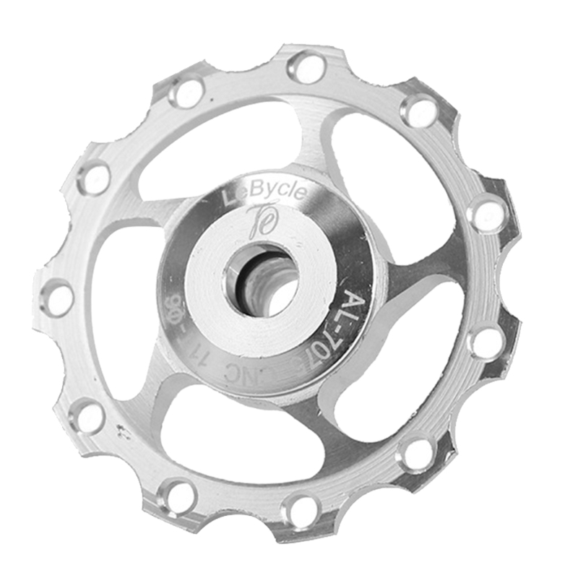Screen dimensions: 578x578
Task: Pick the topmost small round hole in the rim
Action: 306,66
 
